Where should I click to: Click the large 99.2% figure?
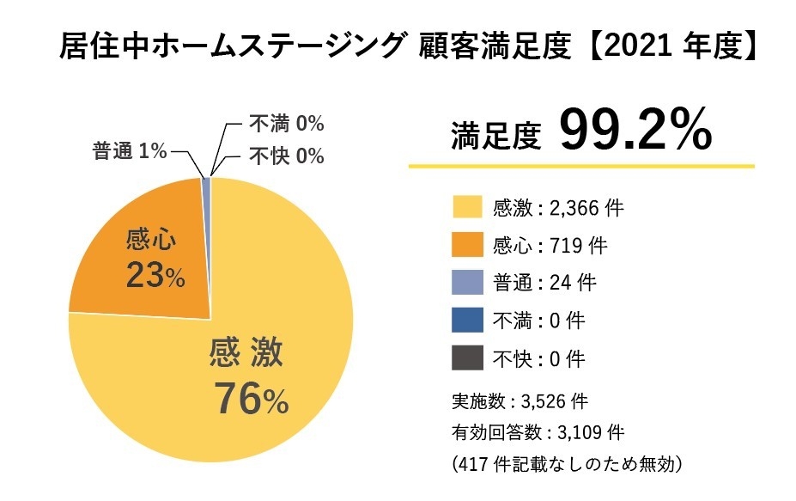click(x=635, y=131)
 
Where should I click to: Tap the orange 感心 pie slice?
click(x=146, y=249)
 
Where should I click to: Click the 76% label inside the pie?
click(x=250, y=397)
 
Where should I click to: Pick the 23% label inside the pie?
click(x=155, y=276)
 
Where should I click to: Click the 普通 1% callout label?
click(x=130, y=151)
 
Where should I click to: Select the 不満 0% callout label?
click(x=286, y=124)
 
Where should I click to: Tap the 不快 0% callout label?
click(x=286, y=156)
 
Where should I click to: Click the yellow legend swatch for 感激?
click(x=467, y=207)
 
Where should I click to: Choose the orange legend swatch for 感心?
click(x=467, y=245)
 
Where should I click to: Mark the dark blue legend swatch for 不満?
click(x=467, y=321)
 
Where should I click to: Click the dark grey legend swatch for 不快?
click(x=467, y=358)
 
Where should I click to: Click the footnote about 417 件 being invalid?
click(x=566, y=464)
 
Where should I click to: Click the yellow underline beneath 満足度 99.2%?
click(x=580, y=165)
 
